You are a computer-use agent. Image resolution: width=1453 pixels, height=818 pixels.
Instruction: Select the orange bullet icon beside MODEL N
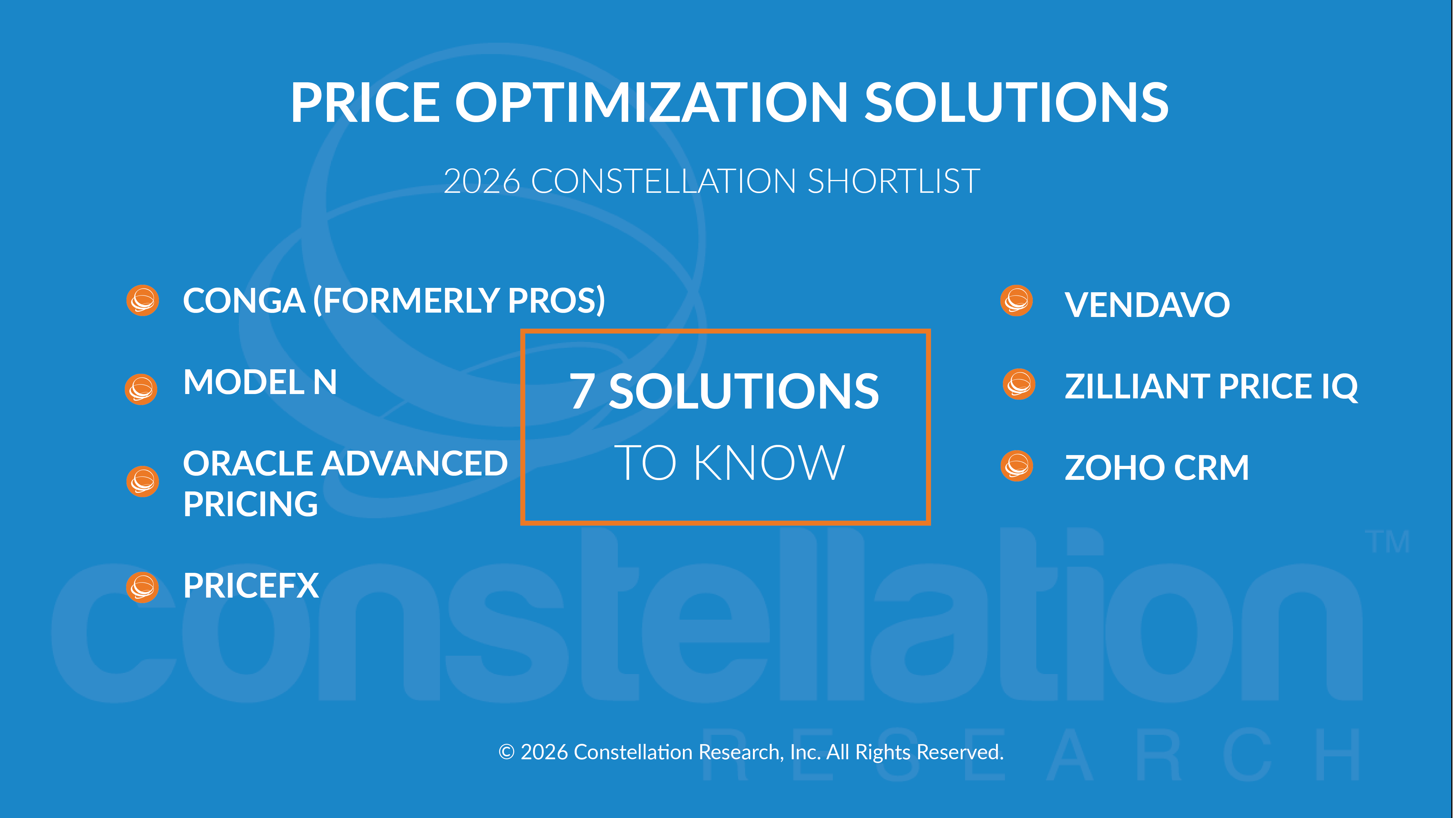[x=141, y=389]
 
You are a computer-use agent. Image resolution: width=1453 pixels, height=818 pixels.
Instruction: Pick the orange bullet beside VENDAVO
[x=1017, y=300]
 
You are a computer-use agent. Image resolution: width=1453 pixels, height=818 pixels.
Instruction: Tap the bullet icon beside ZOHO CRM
[x=1017, y=466]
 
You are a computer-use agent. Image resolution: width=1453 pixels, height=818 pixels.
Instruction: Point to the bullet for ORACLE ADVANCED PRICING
[x=143, y=482]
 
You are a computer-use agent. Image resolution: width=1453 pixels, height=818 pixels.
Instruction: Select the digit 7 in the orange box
[x=582, y=391]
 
